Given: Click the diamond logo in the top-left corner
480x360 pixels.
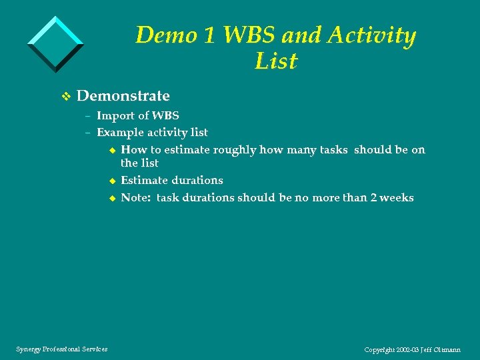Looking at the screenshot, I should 55,44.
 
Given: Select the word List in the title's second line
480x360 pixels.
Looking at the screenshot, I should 275,61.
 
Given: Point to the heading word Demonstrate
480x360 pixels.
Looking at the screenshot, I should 123,96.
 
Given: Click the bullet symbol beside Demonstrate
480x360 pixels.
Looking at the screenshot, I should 65,97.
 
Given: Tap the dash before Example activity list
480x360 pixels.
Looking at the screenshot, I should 87,133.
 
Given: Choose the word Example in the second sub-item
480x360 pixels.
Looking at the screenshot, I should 119,133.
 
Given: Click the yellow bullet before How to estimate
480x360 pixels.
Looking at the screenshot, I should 112,151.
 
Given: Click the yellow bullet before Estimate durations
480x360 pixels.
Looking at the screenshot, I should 112,181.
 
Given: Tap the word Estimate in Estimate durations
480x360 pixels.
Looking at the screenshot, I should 144,180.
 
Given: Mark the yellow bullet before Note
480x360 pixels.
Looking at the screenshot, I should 112,198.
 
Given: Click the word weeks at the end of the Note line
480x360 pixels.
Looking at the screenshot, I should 397,197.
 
